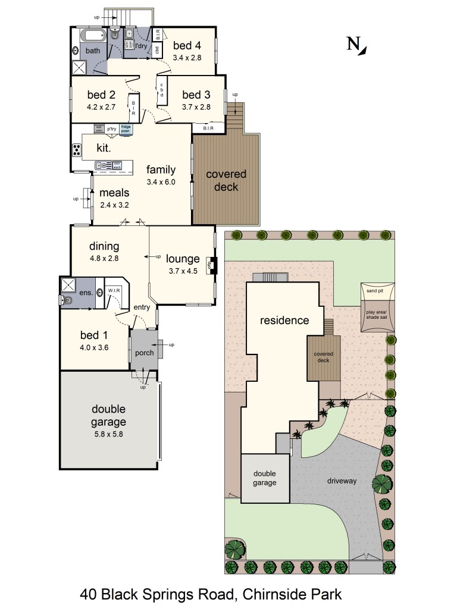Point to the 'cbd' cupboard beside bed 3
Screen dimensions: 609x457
point(161,90)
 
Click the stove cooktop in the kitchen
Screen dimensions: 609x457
point(77,150)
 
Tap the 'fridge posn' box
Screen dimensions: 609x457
point(126,128)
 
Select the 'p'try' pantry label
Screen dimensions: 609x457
point(112,128)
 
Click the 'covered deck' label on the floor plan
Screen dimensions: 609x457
point(226,181)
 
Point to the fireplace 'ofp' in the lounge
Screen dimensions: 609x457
point(210,265)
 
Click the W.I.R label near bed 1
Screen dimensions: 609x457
point(113,291)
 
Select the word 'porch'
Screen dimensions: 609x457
point(144,353)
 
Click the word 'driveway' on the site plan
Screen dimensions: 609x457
point(341,481)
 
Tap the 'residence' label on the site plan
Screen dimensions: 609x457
point(284,321)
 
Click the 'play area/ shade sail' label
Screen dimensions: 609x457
point(376,315)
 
